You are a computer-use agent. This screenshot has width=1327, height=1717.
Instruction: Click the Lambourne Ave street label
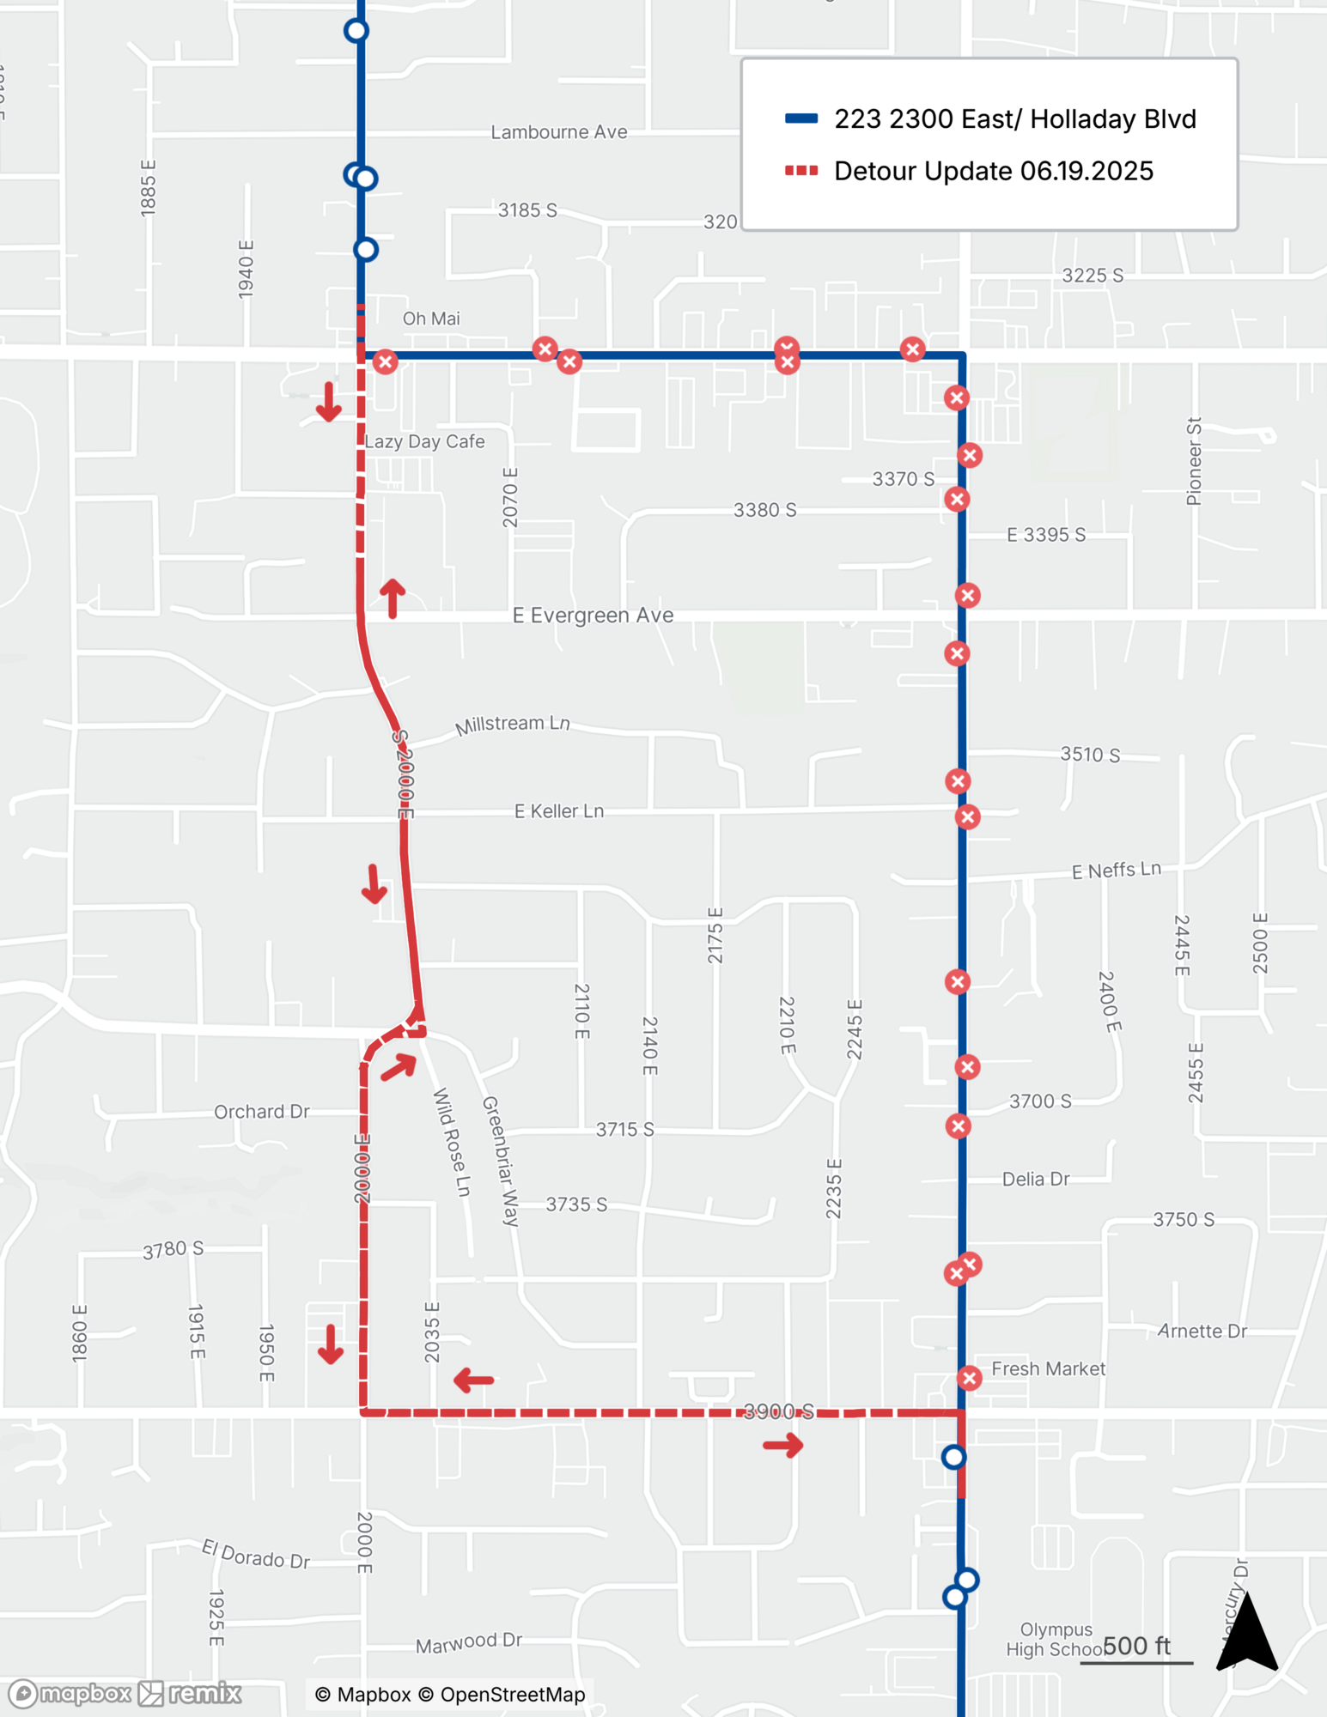559,132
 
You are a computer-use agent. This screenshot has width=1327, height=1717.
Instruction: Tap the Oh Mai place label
431,319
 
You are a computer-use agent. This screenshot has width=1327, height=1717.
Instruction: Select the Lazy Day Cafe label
425,441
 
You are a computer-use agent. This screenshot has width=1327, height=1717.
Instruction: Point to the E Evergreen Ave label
593,616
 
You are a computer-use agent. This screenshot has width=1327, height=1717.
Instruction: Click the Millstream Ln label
512,725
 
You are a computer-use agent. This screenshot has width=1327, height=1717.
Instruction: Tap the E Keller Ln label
559,811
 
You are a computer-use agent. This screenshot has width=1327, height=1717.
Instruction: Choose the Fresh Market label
1048,1368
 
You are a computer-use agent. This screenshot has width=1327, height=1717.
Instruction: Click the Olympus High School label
1056,1639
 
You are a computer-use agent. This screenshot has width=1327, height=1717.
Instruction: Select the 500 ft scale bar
1135,1652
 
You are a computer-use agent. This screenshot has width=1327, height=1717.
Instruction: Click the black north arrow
1247,1632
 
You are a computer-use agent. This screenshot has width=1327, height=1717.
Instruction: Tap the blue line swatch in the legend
800,118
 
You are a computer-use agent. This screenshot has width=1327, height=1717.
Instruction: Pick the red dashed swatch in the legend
800,171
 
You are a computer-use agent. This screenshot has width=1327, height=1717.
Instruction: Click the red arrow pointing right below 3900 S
783,1446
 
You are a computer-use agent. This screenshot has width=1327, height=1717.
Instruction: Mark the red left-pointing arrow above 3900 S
473,1380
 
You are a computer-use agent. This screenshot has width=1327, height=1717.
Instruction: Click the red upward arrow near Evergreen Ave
393,598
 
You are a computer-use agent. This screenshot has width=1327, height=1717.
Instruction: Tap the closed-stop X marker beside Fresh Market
970,1378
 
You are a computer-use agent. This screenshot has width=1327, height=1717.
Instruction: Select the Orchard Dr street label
261,1112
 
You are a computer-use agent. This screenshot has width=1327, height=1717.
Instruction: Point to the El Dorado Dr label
255,1555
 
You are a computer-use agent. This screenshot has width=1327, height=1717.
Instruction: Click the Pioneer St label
1194,461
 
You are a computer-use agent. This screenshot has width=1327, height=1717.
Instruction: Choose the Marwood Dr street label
469,1642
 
